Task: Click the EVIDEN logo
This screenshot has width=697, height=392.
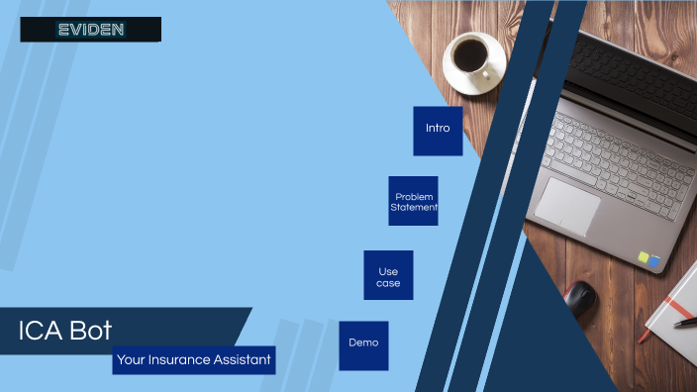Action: tap(90, 30)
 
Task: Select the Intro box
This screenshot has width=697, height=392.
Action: tap(438, 131)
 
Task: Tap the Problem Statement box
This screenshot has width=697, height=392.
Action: tap(413, 201)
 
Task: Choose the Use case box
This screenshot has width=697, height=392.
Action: tap(388, 275)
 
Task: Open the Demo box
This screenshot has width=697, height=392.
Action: tap(363, 344)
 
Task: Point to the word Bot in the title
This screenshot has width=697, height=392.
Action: tap(90, 332)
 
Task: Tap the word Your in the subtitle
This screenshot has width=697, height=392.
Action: tap(131, 360)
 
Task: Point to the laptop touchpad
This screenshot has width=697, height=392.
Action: tap(567, 206)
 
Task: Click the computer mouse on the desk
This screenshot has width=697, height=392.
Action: tap(580, 295)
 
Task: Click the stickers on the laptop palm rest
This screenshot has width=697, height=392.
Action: tap(648, 259)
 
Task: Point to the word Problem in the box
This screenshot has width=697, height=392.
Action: tap(414, 196)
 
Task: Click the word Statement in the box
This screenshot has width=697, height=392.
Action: tap(413, 207)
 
